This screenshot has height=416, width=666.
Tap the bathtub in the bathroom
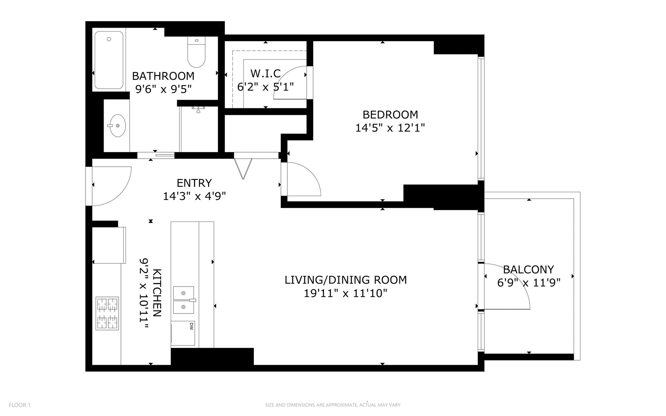pos(109,60)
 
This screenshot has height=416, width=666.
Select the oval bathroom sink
pos(117,126)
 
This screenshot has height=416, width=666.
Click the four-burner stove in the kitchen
pos(107,313)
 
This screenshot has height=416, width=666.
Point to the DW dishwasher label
pos(191,326)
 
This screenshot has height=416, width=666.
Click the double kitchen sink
pos(183,300)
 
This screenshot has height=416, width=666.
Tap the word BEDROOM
pos(390,115)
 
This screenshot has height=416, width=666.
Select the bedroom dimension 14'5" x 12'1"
pos(390,128)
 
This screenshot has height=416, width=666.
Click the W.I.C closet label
pos(265,73)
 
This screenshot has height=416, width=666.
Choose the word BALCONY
pos(528,270)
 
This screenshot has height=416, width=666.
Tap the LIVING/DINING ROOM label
pos(346,280)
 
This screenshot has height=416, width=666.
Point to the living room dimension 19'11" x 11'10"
pos(345,294)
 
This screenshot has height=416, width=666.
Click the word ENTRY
pos(194,183)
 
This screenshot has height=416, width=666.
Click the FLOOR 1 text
pos(20,405)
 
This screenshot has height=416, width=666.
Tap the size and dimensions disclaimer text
pos(332,405)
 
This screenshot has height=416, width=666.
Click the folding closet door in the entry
pos(243,168)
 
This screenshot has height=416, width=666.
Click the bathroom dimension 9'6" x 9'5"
pos(163,89)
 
